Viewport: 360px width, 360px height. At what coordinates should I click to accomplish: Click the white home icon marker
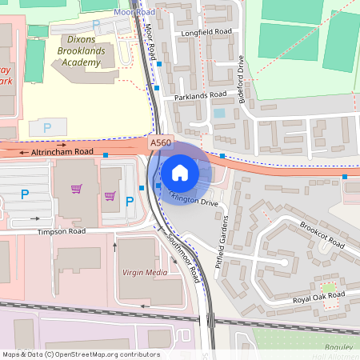180,172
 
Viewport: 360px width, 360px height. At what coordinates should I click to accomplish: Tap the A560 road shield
161,142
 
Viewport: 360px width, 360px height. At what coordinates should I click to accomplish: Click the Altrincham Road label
62,151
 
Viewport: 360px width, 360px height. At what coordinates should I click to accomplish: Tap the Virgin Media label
145,273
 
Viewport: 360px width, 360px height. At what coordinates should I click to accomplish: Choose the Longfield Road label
206,32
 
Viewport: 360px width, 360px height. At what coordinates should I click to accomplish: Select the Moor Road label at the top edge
134,13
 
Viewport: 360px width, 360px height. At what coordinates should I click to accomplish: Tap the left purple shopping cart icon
77,189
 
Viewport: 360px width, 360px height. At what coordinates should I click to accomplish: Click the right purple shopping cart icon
110,195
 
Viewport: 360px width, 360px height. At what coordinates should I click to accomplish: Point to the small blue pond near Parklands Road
219,114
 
